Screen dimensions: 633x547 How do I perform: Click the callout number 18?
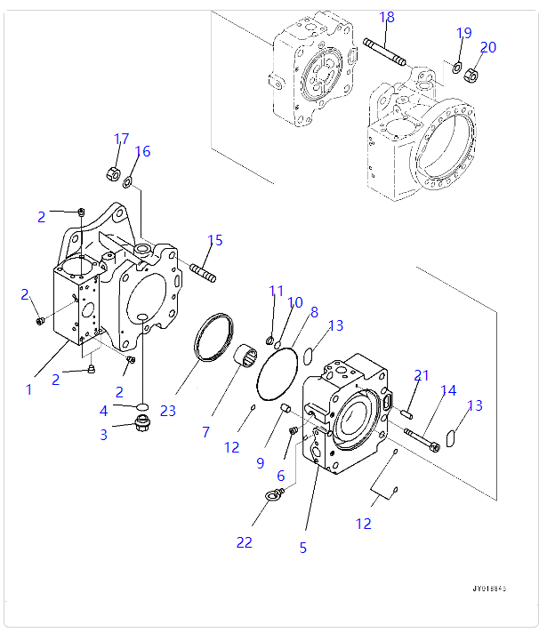point(387,17)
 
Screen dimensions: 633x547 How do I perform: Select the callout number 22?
point(244,541)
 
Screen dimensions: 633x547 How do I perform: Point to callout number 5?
point(302,548)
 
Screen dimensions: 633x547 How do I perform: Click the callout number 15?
point(215,240)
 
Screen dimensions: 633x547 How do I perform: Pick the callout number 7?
point(205,432)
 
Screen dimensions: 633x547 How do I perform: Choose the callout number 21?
point(422,375)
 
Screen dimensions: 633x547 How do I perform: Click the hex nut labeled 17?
point(114,172)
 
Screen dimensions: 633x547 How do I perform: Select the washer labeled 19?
point(456,68)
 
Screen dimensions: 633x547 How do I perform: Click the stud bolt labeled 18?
point(385,52)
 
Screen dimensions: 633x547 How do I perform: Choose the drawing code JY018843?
point(490,589)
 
